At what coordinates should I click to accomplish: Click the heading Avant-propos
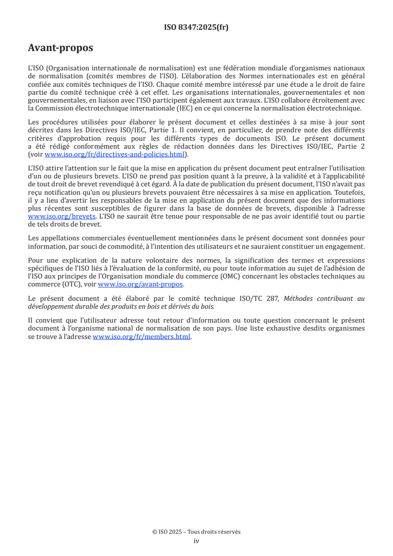click(60, 48)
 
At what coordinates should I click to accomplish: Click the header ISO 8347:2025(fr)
click(196, 27)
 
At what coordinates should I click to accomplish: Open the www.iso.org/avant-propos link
click(141, 284)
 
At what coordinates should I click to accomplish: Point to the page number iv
click(196, 541)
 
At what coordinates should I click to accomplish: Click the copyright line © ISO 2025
click(196, 532)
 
